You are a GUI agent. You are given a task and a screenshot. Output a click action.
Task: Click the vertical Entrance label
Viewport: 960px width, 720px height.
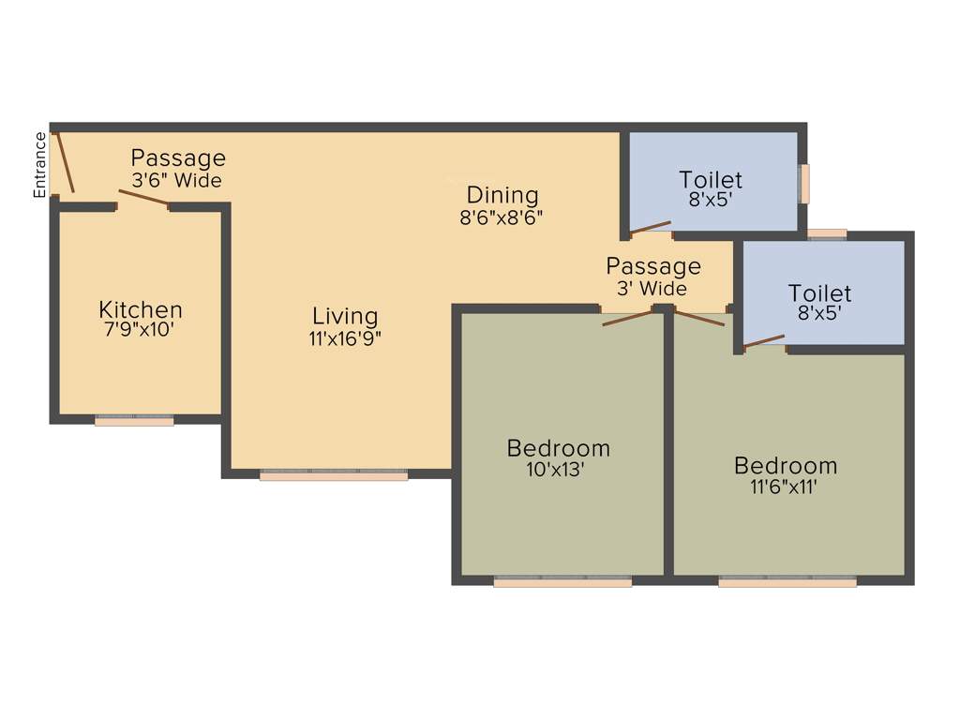coord(40,165)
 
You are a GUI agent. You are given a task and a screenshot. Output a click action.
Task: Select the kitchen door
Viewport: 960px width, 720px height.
coord(142,198)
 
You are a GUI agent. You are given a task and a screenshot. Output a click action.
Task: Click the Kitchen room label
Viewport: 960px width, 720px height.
coord(141,309)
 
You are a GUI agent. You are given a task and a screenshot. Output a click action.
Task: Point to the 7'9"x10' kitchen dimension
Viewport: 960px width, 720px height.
coord(141,330)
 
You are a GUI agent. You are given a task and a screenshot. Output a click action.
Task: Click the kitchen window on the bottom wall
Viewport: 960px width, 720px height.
coord(134,420)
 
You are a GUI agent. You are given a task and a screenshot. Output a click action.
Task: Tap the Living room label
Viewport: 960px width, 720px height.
coord(345,316)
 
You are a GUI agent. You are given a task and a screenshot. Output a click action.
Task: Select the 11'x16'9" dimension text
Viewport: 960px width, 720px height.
coord(345,338)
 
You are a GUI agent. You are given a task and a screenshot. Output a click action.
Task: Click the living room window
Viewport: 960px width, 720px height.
coord(334,474)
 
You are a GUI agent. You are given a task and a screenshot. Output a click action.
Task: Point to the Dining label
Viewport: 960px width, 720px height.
coord(502,195)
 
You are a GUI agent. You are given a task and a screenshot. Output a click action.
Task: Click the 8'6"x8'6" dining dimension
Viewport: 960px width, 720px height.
coord(502,217)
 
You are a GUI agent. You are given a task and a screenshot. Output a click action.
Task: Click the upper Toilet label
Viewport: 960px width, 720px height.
coord(711,179)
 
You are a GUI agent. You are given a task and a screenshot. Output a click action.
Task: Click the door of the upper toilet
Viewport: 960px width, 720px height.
coord(651,227)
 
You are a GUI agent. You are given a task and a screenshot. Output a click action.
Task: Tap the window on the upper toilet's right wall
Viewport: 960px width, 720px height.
coord(803,184)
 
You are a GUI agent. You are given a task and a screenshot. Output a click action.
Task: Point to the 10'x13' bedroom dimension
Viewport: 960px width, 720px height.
coord(557,469)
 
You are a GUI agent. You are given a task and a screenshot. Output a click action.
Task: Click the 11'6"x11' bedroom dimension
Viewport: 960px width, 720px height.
coord(786,487)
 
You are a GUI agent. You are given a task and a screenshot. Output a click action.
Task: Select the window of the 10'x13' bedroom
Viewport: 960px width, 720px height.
coord(562,580)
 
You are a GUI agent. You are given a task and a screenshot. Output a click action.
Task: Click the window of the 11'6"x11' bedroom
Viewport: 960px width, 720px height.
coord(787,580)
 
